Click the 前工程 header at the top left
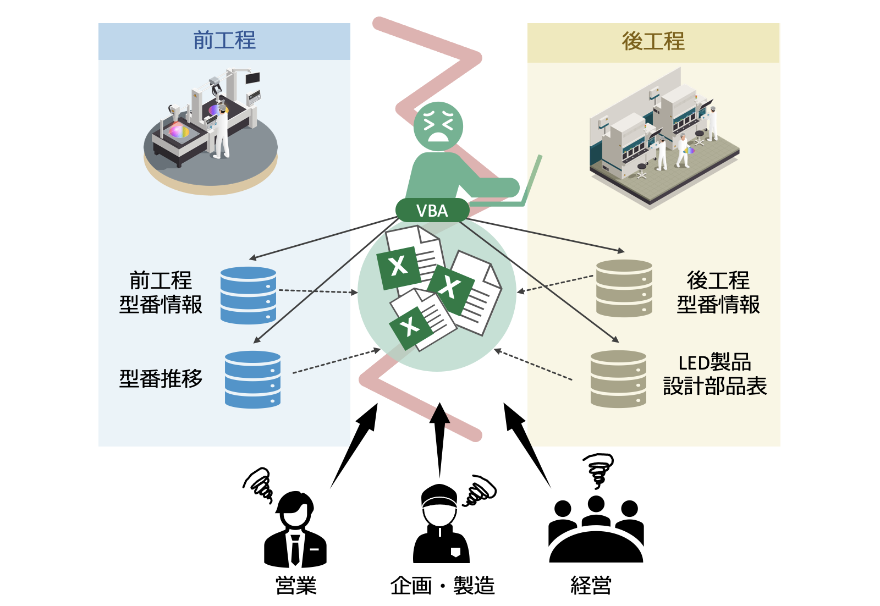(x=224, y=41)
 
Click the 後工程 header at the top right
(x=653, y=42)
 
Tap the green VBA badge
(x=432, y=211)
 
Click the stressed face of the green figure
(x=438, y=126)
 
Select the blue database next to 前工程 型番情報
(x=248, y=295)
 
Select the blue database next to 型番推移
(x=252, y=379)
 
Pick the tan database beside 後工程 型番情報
(x=624, y=288)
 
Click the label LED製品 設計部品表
(x=714, y=374)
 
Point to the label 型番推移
(x=161, y=378)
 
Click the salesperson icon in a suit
(x=296, y=530)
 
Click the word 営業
(x=296, y=586)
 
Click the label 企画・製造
(x=442, y=586)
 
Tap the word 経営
(x=591, y=586)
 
